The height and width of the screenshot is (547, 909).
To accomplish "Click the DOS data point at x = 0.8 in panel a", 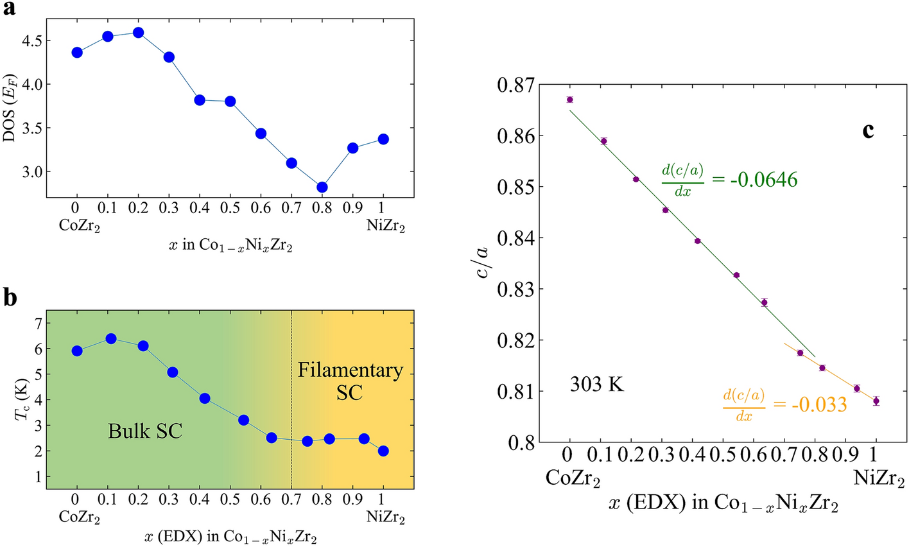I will pos(322,187).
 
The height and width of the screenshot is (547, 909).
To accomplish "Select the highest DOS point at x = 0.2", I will pos(138,33).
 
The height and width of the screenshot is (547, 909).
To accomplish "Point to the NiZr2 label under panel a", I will pos(383,227).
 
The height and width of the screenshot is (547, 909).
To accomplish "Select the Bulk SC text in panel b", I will pos(145,431).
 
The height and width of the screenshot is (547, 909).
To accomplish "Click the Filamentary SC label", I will pos(350,381).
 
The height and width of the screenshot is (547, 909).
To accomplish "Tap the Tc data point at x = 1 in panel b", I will pos(383,451).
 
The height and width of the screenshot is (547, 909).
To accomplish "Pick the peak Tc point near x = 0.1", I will pos(110,338).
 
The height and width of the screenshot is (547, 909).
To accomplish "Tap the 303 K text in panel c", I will pos(597,386).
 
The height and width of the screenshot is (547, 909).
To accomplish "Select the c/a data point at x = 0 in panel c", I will pos(569,100).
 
